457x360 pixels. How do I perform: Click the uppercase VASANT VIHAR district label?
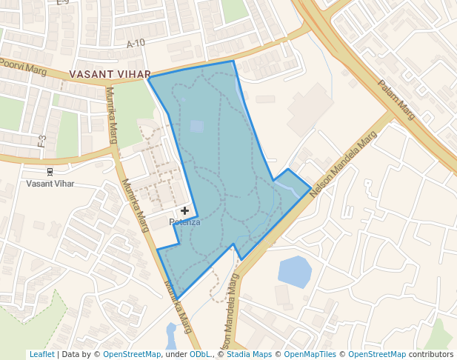tap(110, 75)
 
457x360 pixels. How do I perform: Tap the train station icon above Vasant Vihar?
tap(50, 171)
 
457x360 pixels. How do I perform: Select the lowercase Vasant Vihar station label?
tap(50, 183)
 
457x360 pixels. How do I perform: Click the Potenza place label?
tap(184, 221)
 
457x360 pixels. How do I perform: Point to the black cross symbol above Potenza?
tap(184, 211)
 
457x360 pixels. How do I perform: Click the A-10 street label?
tap(136, 44)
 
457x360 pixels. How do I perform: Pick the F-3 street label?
tap(42, 140)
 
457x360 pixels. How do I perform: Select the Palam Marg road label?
tap(397, 99)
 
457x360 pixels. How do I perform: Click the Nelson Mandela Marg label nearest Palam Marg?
tap(344, 164)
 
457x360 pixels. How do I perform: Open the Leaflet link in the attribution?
tap(42, 354)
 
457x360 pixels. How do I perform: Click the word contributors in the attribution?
tap(431, 354)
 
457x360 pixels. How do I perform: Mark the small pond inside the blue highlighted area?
tap(196, 126)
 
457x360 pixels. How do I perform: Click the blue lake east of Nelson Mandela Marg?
tap(294, 271)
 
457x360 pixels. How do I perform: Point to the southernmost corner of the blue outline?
tap(177, 299)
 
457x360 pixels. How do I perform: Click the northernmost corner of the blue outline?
tap(233, 61)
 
